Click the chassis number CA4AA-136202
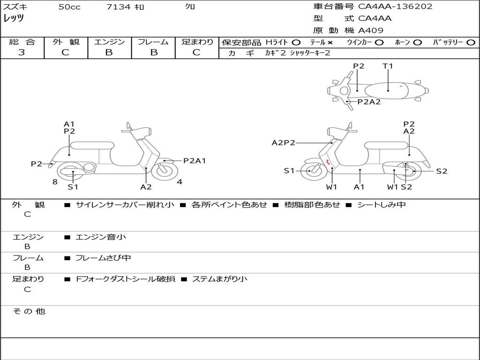point(395,7)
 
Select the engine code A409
point(370,30)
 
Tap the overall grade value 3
point(22,52)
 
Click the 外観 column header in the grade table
point(66,42)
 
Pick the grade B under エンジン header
point(109,52)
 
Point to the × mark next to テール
point(330,43)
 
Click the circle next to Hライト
point(296,43)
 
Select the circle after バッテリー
point(471,43)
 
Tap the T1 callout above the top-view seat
point(388,66)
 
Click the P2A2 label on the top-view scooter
point(369,102)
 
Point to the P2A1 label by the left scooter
point(195,161)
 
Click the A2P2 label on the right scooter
point(284,142)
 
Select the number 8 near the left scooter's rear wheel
point(55,182)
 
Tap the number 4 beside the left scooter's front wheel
point(180,182)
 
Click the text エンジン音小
point(101,237)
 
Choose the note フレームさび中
point(103,258)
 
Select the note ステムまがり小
point(220,279)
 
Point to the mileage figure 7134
point(119,7)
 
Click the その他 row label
point(29,311)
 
